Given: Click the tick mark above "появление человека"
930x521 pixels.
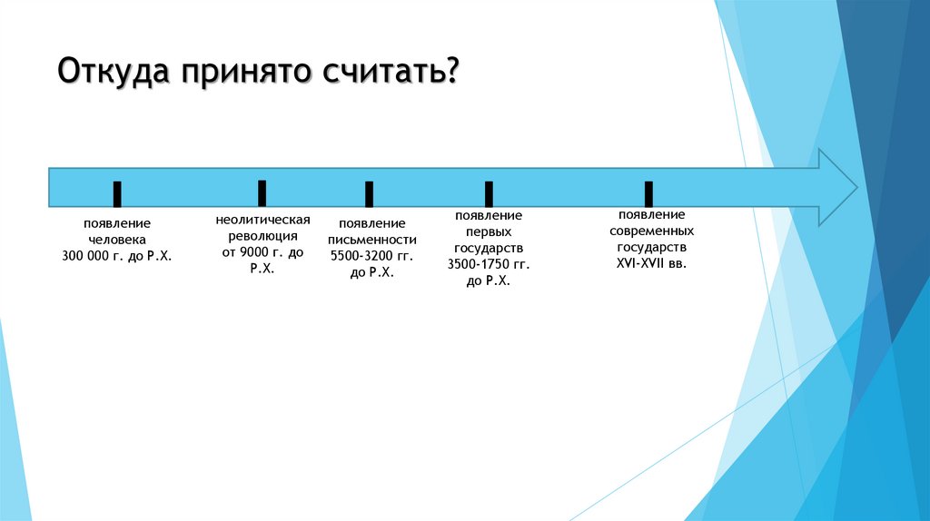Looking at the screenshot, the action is pyautogui.click(x=117, y=193).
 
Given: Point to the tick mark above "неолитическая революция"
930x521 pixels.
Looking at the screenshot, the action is pyautogui.click(x=262, y=192).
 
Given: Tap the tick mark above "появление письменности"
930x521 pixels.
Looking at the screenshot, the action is pyautogui.click(x=369, y=193).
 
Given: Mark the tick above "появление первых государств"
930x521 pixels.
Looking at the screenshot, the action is pyautogui.click(x=489, y=193).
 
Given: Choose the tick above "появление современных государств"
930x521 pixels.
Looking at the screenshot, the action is pyautogui.click(x=648, y=193).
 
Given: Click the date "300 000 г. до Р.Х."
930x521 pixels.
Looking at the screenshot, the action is pyautogui.click(x=117, y=257).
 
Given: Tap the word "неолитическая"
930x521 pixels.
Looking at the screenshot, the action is pyautogui.click(x=263, y=221).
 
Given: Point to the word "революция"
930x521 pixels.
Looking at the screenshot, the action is pyautogui.click(x=263, y=236).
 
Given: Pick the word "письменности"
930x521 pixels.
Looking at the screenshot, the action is pyautogui.click(x=371, y=240).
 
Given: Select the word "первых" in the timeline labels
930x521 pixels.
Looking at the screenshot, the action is pyautogui.click(x=489, y=231).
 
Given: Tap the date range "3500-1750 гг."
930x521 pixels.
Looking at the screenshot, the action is pyautogui.click(x=489, y=264).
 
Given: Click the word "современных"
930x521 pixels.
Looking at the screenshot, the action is pyautogui.click(x=651, y=231).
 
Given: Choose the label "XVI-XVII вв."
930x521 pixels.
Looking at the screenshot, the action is pyautogui.click(x=651, y=263).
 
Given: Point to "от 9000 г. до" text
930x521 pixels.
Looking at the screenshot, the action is pyautogui.click(x=263, y=252).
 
